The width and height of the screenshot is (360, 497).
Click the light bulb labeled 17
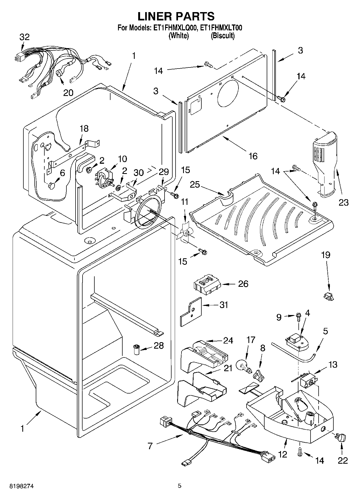pos(244,366)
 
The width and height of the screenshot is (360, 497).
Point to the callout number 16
pos(253,156)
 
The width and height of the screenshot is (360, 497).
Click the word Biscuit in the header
pos(222,35)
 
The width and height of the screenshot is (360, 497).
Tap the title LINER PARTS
pos(176,16)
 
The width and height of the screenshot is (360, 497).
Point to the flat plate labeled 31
pos(191,311)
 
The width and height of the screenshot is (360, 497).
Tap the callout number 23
pos(343,202)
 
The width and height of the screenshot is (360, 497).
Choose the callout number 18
pos(84,128)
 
